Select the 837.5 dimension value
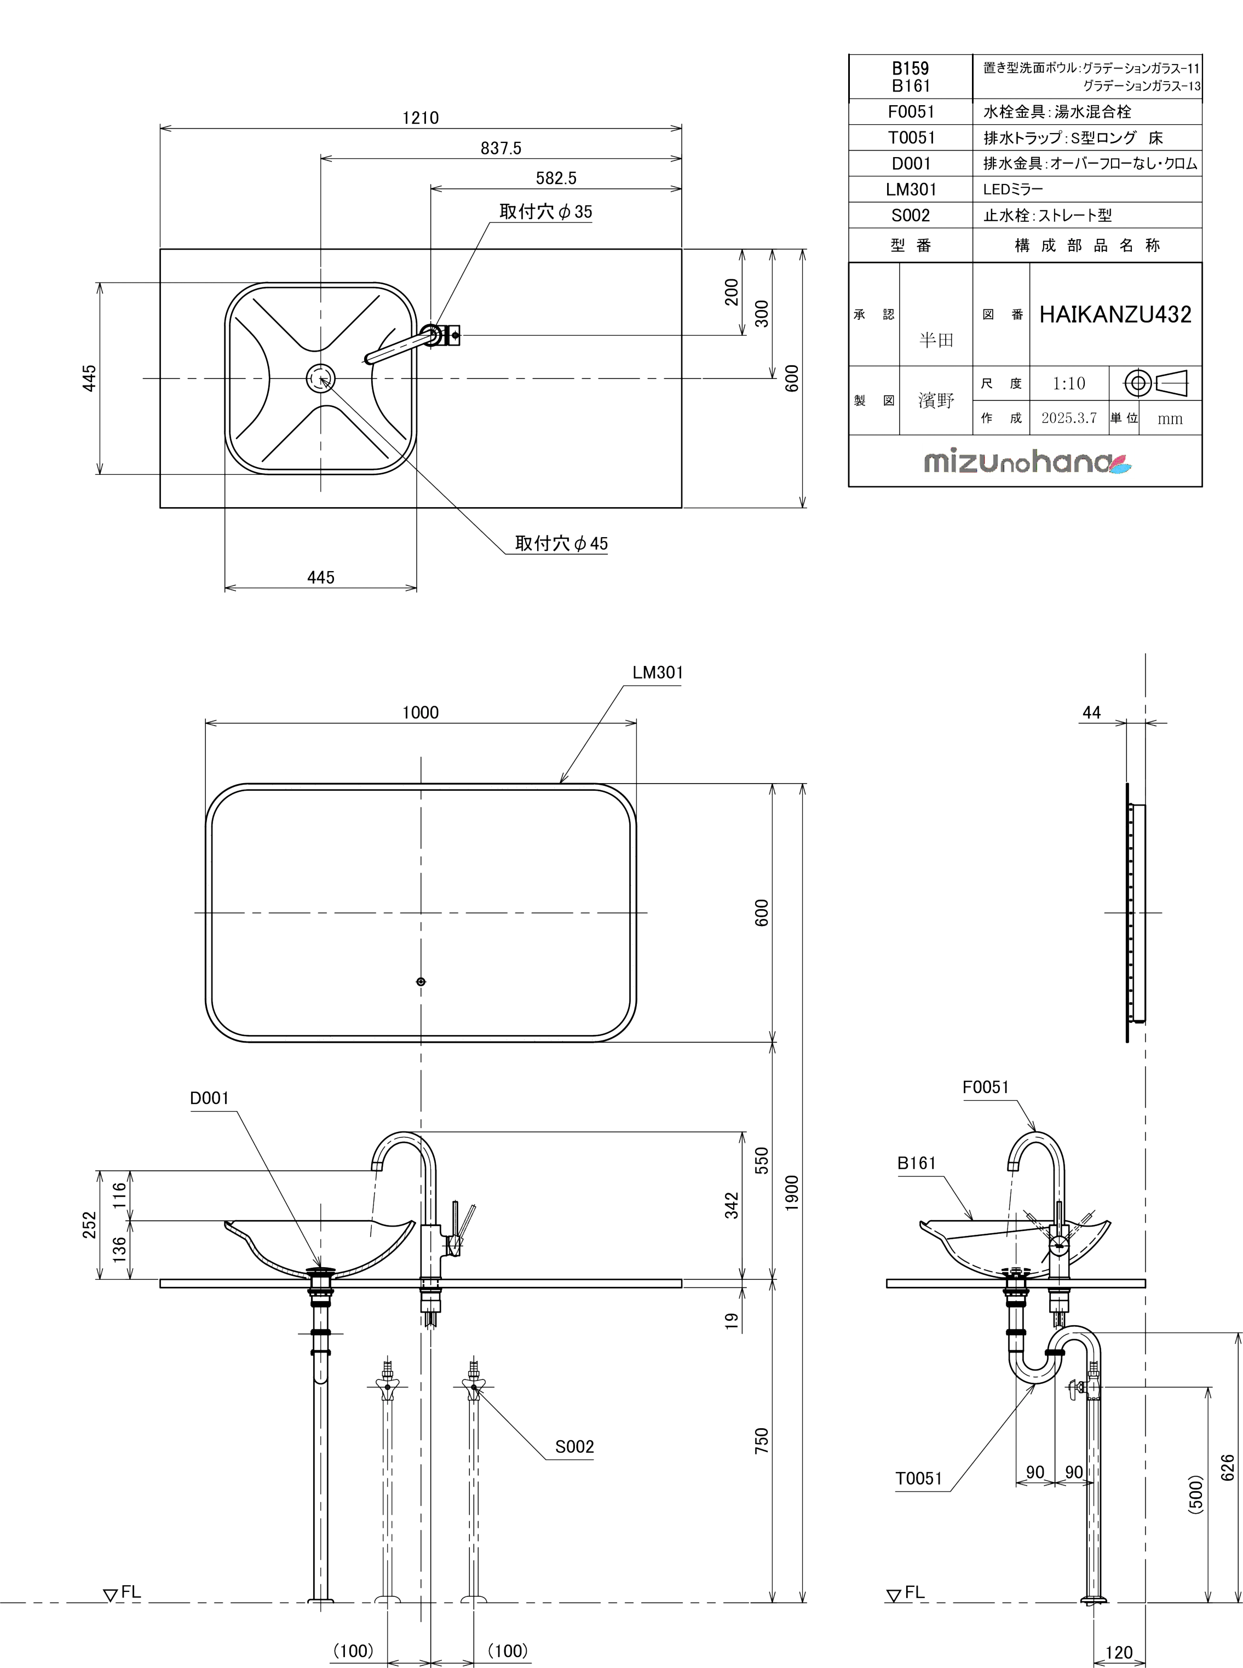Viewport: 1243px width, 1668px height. tap(501, 148)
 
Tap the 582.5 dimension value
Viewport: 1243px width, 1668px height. tap(556, 179)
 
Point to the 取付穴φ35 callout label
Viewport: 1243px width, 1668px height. tap(545, 212)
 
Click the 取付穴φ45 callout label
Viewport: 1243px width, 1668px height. tap(561, 543)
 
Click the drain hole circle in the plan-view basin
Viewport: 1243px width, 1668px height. tap(321, 378)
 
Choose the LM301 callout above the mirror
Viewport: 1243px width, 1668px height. tap(658, 672)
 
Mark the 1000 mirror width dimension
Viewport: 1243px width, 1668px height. tap(420, 712)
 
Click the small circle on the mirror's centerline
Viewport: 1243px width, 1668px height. tap(421, 981)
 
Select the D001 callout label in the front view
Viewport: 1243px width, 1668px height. tap(209, 1098)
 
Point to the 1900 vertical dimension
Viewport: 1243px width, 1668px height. tap(792, 1193)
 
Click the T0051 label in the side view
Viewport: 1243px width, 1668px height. tap(919, 1479)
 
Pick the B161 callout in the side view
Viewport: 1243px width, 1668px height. tap(917, 1163)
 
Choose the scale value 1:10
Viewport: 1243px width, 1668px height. tap(1068, 384)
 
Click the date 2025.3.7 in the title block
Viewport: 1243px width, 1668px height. tap(1068, 418)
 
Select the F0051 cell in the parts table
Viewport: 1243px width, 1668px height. tap(911, 112)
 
